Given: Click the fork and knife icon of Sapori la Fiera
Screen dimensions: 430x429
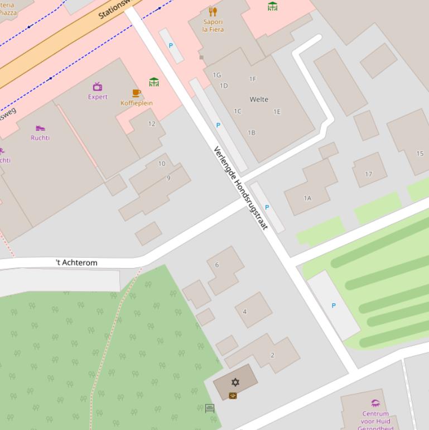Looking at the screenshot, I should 213,11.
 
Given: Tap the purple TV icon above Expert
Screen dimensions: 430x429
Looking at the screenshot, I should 98,87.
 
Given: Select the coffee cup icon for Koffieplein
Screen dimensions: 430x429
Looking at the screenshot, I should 136,93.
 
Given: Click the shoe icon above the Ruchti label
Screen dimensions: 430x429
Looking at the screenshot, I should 40,128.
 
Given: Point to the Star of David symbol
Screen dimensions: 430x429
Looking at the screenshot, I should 235,383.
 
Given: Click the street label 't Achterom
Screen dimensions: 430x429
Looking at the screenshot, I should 76,262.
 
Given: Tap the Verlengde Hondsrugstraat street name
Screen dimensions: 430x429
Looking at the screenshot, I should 241,188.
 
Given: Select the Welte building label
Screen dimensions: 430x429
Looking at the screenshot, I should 259,99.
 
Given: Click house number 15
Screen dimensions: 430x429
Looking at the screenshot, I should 420,154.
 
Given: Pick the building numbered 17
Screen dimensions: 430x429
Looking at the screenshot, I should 368,174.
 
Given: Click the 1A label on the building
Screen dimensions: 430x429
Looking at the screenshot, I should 307,198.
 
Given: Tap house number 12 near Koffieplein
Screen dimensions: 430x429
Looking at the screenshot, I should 152,124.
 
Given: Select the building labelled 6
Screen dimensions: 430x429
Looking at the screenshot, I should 217,265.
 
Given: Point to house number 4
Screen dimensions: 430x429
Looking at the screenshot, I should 244,312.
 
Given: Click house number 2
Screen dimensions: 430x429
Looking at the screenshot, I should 272,355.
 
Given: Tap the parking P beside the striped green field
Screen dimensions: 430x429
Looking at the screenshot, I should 334,305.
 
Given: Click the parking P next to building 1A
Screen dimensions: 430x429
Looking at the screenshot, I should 267,207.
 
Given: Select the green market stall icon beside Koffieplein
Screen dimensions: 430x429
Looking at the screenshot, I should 154,82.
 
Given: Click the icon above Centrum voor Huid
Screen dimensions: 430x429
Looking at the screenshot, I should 375,403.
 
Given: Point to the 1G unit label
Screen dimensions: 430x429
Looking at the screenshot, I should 217,75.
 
